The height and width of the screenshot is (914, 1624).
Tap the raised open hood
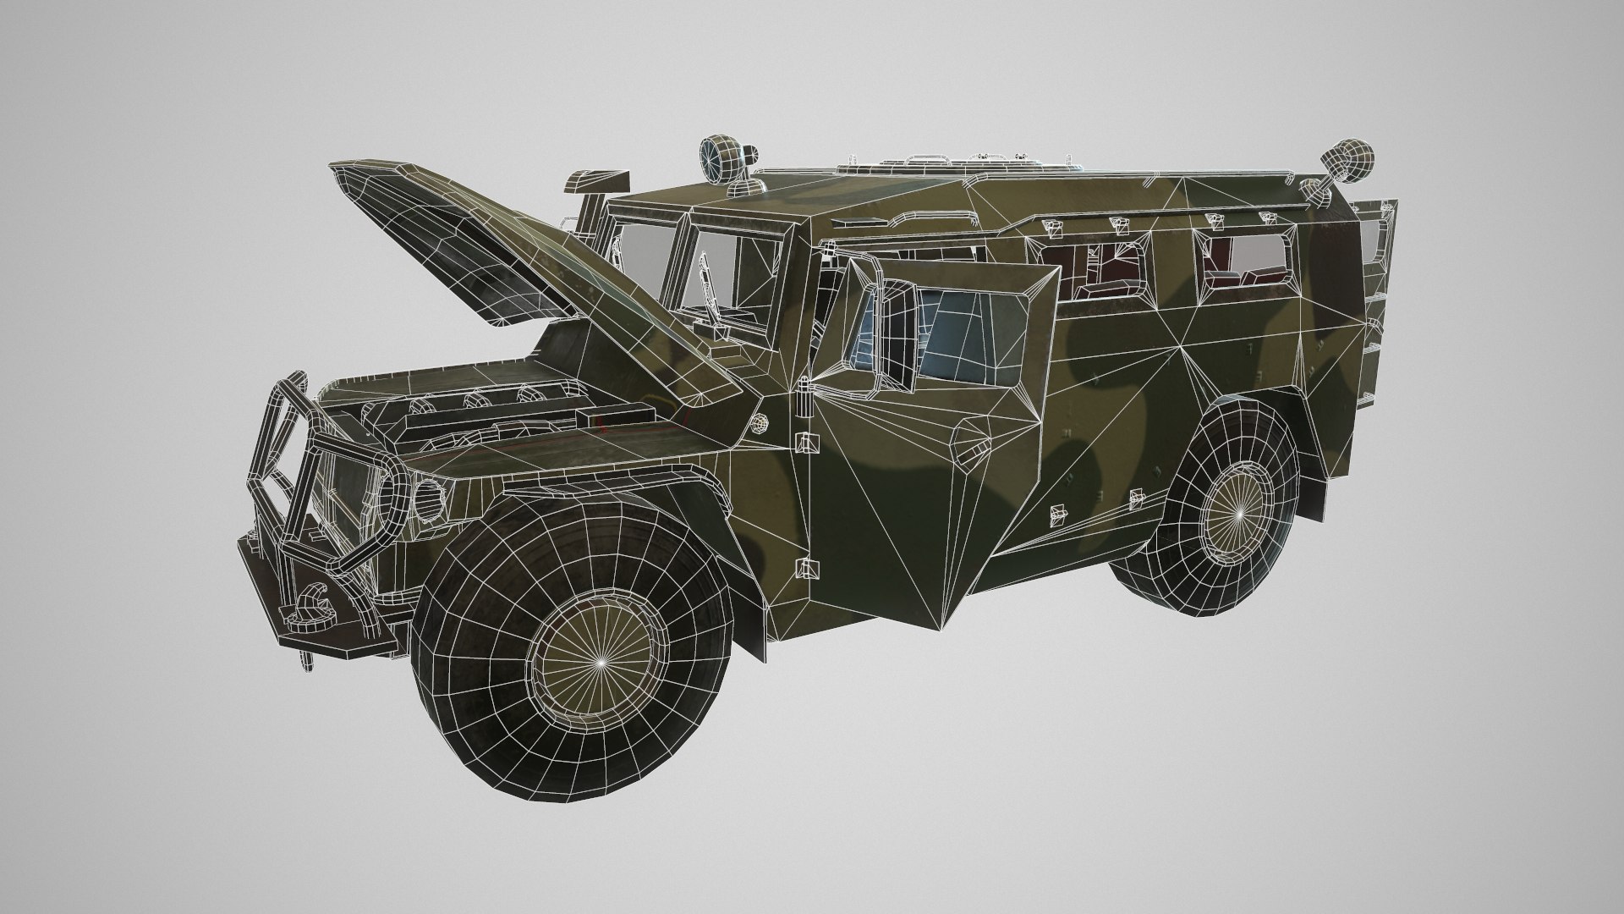(474, 245)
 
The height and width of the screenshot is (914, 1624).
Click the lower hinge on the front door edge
(804, 568)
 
